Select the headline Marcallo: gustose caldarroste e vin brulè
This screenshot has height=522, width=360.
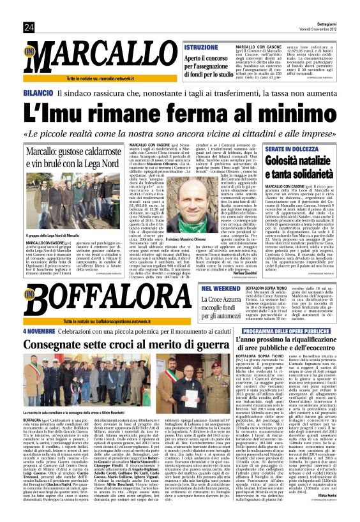click(70, 158)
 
